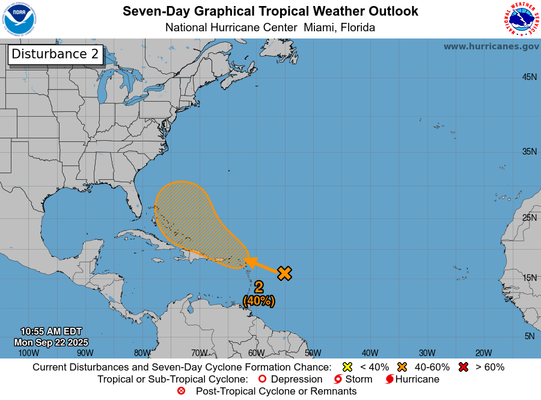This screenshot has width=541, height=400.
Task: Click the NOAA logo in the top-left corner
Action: (x=19, y=19)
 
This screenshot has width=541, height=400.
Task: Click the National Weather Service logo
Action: (x=520, y=19)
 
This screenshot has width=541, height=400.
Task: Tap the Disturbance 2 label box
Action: (x=55, y=54)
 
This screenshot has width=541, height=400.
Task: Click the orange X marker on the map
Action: (x=284, y=273)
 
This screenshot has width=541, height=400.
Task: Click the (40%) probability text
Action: (x=258, y=300)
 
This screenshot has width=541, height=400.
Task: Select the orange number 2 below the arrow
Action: (x=258, y=288)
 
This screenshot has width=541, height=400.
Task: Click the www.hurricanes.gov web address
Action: (x=491, y=46)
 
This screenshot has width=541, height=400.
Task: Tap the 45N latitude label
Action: (x=529, y=77)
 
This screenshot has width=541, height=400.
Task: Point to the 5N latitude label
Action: (x=529, y=336)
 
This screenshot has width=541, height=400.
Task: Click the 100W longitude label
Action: (x=28, y=353)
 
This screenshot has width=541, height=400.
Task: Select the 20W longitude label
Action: (x=483, y=353)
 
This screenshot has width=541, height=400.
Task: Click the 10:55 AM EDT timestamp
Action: (x=51, y=331)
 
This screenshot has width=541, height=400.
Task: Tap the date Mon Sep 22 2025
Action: (x=51, y=342)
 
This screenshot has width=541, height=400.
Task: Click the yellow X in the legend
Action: (x=347, y=367)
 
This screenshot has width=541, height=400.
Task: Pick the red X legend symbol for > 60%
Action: (x=463, y=367)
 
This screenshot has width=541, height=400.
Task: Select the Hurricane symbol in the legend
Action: (x=390, y=380)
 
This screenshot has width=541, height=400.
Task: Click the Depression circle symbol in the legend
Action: (x=261, y=380)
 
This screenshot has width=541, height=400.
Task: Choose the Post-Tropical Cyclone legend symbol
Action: (x=181, y=391)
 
